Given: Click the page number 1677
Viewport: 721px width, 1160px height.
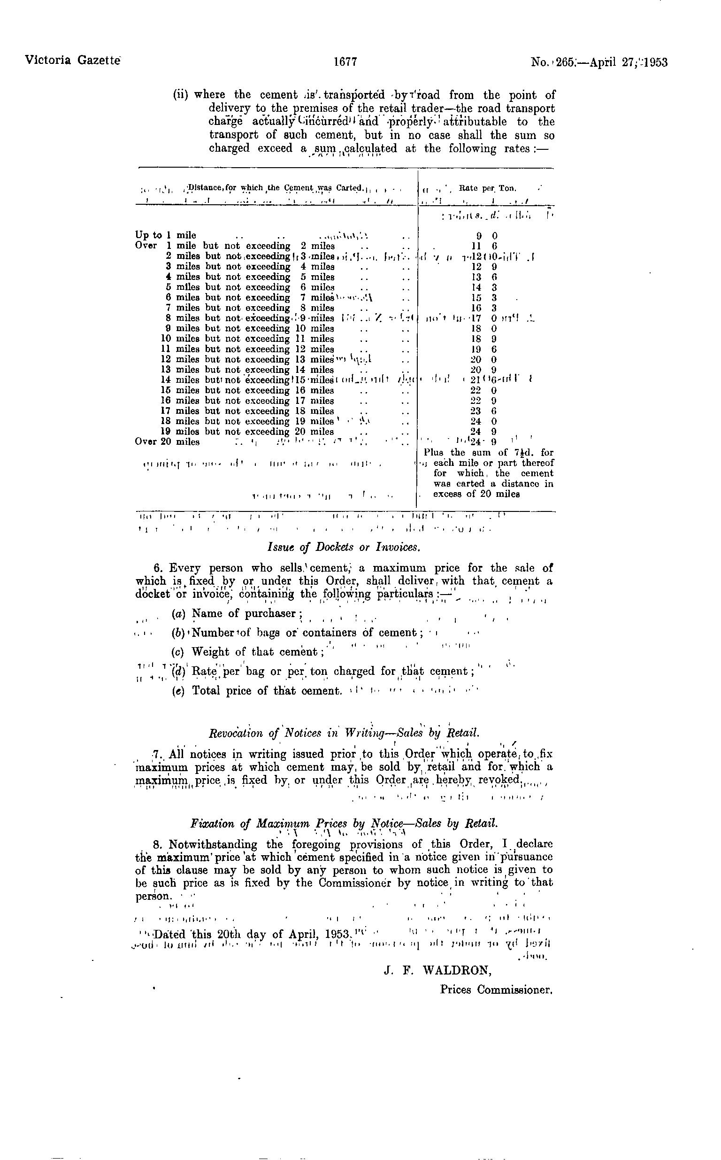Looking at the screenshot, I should pos(346,62).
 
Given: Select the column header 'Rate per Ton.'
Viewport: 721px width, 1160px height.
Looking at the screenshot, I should pos(487,188).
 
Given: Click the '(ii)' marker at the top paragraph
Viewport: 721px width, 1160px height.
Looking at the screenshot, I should pos(181,95).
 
